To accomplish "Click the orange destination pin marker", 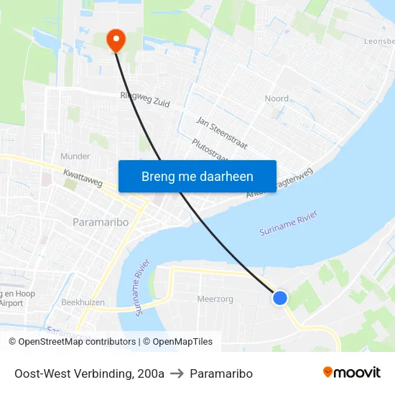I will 115,40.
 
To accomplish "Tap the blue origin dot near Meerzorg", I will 280,297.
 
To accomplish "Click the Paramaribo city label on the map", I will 101,222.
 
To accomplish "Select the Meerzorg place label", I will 215,298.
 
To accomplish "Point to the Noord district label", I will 276,98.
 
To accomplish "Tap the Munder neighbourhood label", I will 75,156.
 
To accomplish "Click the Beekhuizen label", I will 84,302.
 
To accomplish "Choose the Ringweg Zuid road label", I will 145,100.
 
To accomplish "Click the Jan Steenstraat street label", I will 221,133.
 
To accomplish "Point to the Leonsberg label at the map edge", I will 380,42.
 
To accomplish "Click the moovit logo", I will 352,372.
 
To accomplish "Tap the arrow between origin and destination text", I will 177,373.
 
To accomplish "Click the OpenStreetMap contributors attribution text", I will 73,342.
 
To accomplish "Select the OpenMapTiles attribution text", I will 177,342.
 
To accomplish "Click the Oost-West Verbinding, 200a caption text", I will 89,373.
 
